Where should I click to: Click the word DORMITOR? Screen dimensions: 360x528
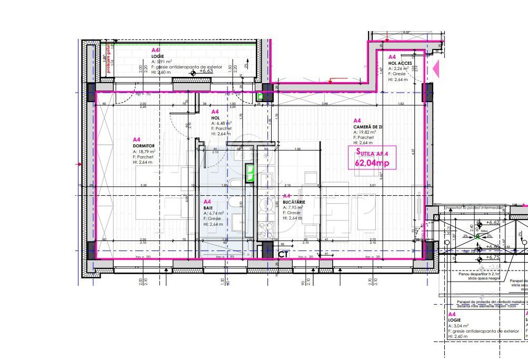144,145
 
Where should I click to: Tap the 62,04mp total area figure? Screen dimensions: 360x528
372,163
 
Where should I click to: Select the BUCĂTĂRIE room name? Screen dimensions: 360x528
294,202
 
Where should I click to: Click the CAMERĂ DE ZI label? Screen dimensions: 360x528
368,127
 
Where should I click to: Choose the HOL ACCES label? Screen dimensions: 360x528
400,63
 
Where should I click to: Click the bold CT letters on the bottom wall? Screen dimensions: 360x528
283,255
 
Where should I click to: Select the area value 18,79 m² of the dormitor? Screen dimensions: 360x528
146,152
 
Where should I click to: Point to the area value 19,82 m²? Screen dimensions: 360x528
366,132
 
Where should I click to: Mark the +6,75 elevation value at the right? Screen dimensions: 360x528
493,257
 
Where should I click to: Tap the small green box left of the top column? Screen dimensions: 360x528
260,97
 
